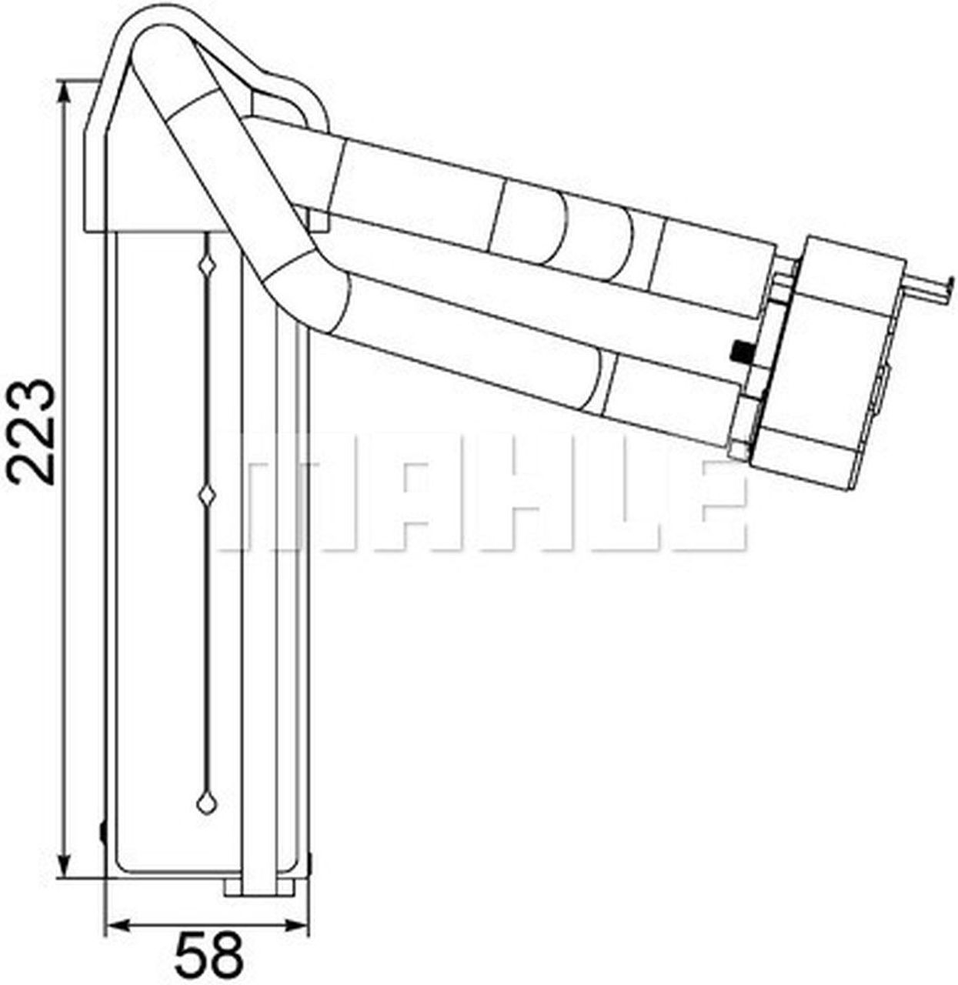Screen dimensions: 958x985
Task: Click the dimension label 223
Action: coord(30,431)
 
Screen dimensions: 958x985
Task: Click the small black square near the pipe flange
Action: coord(740,351)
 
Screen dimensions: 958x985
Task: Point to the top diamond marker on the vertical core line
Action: coord(207,265)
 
